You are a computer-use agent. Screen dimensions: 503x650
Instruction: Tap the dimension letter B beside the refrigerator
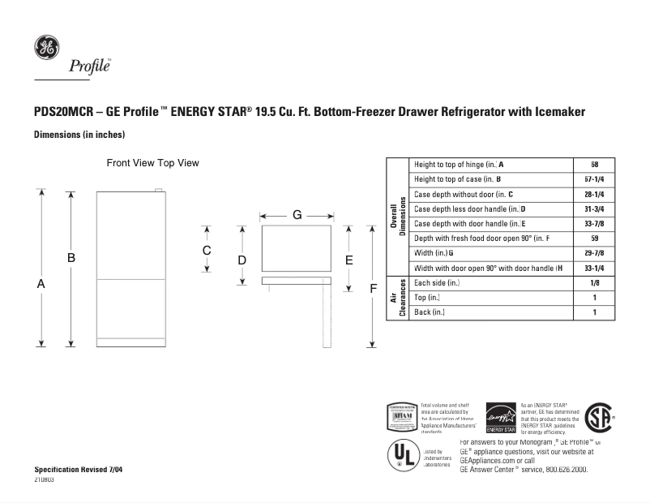click(x=71, y=257)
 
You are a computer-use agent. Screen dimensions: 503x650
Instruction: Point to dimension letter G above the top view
click(x=297, y=216)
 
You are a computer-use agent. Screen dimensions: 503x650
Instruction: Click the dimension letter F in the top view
click(x=374, y=288)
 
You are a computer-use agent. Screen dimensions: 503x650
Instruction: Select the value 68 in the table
click(x=594, y=165)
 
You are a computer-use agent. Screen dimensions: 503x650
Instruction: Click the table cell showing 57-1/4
click(x=594, y=179)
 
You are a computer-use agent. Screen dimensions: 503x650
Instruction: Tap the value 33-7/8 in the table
click(x=594, y=223)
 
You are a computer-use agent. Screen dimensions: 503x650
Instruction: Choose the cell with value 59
click(x=594, y=239)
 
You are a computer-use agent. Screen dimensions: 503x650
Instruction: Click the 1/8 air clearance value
click(x=594, y=282)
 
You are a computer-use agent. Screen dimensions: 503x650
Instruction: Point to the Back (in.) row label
click(x=430, y=312)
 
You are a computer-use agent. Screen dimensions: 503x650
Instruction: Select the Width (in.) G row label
click(x=434, y=253)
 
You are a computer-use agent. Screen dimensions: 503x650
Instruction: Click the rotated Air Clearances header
click(x=397, y=298)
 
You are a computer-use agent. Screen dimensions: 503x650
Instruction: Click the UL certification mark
click(x=404, y=455)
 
